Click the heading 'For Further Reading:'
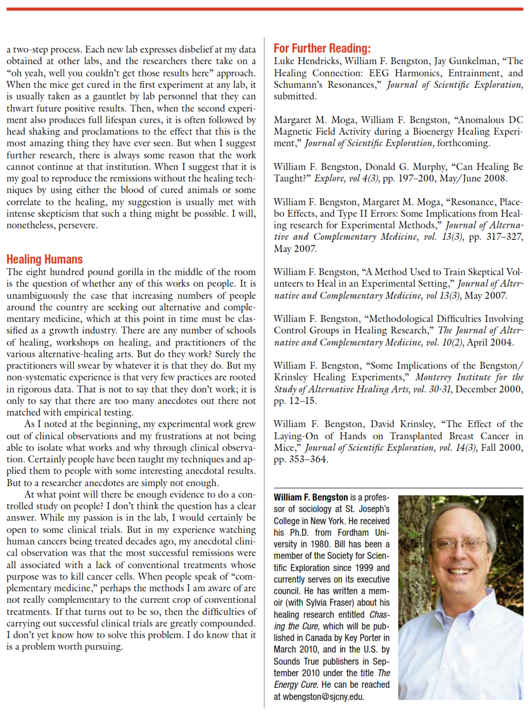[x=322, y=49]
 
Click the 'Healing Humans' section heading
[x=44, y=260]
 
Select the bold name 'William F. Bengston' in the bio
[x=311, y=498]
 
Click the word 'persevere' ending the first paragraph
[x=76, y=225]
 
